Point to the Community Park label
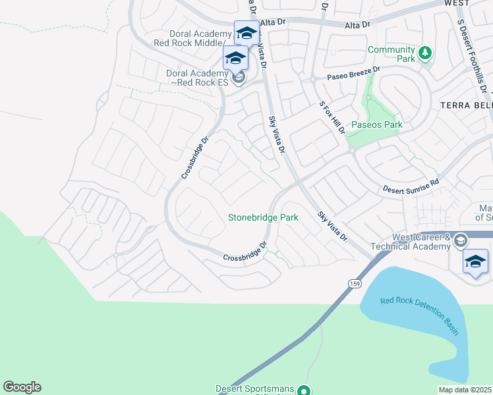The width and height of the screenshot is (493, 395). (x=391, y=54)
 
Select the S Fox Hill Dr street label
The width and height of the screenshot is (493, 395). (x=333, y=117)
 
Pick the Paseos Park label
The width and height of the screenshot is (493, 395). (x=376, y=124)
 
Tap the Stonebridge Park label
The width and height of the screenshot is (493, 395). (x=263, y=217)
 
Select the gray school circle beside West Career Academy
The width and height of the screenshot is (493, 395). (x=460, y=240)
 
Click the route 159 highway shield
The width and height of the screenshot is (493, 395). (x=355, y=283)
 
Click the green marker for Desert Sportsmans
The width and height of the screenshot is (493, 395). (x=303, y=390)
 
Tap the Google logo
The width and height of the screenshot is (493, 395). (x=22, y=387)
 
